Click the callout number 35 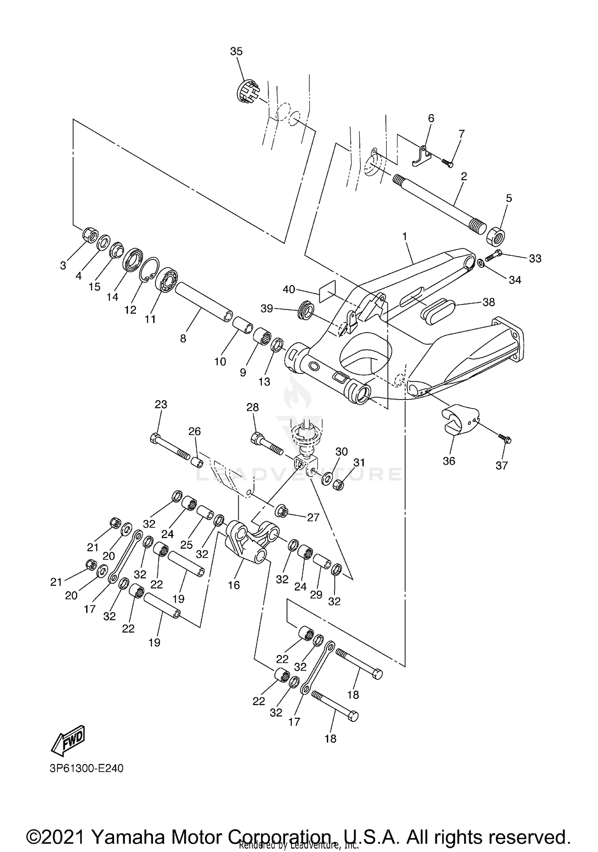point(236,51)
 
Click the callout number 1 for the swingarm point(405,237)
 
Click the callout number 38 point(488,302)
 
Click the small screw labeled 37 point(504,439)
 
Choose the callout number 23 point(161,404)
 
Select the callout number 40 point(289,289)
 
